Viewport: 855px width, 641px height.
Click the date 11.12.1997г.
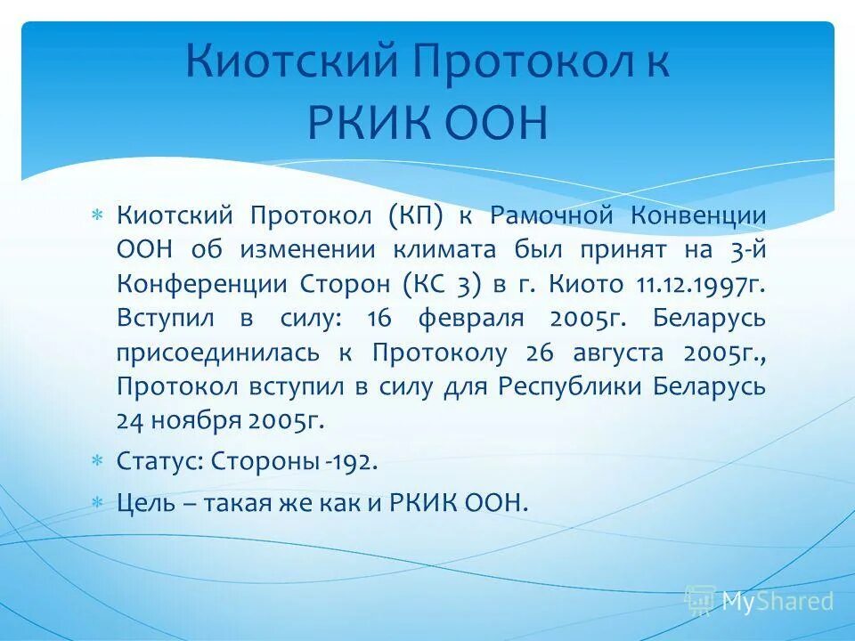(x=700, y=284)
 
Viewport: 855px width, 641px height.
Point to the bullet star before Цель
(x=99, y=502)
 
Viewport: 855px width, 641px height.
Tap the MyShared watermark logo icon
(x=699, y=601)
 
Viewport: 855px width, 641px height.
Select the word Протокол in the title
(x=493, y=65)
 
